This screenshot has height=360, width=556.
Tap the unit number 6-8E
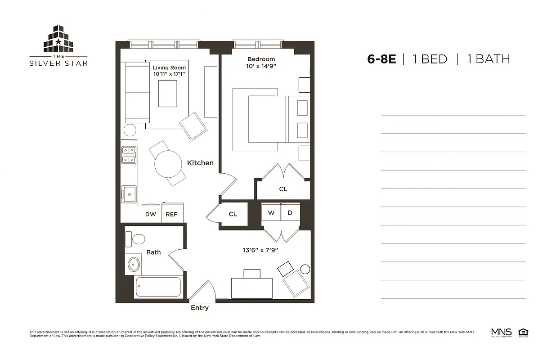pyautogui.click(x=381, y=59)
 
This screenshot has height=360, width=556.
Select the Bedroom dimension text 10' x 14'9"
pyautogui.click(x=261, y=66)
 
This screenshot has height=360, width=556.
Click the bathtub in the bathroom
pyautogui.click(x=158, y=287)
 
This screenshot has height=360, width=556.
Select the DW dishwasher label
pyautogui.click(x=150, y=214)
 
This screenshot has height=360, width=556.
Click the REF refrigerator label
pyautogui.click(x=171, y=214)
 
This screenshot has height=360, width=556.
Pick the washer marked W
pyautogui.click(x=271, y=213)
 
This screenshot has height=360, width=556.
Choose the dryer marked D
pyautogui.click(x=290, y=213)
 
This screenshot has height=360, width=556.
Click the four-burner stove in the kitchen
pyautogui.click(x=129, y=155)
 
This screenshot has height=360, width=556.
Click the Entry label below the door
pyautogui.click(x=200, y=308)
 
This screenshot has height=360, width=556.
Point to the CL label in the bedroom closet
pyautogui.click(x=283, y=189)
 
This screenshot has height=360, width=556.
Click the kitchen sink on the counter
pyautogui.click(x=128, y=194)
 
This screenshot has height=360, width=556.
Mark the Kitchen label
pyautogui.click(x=200, y=162)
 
